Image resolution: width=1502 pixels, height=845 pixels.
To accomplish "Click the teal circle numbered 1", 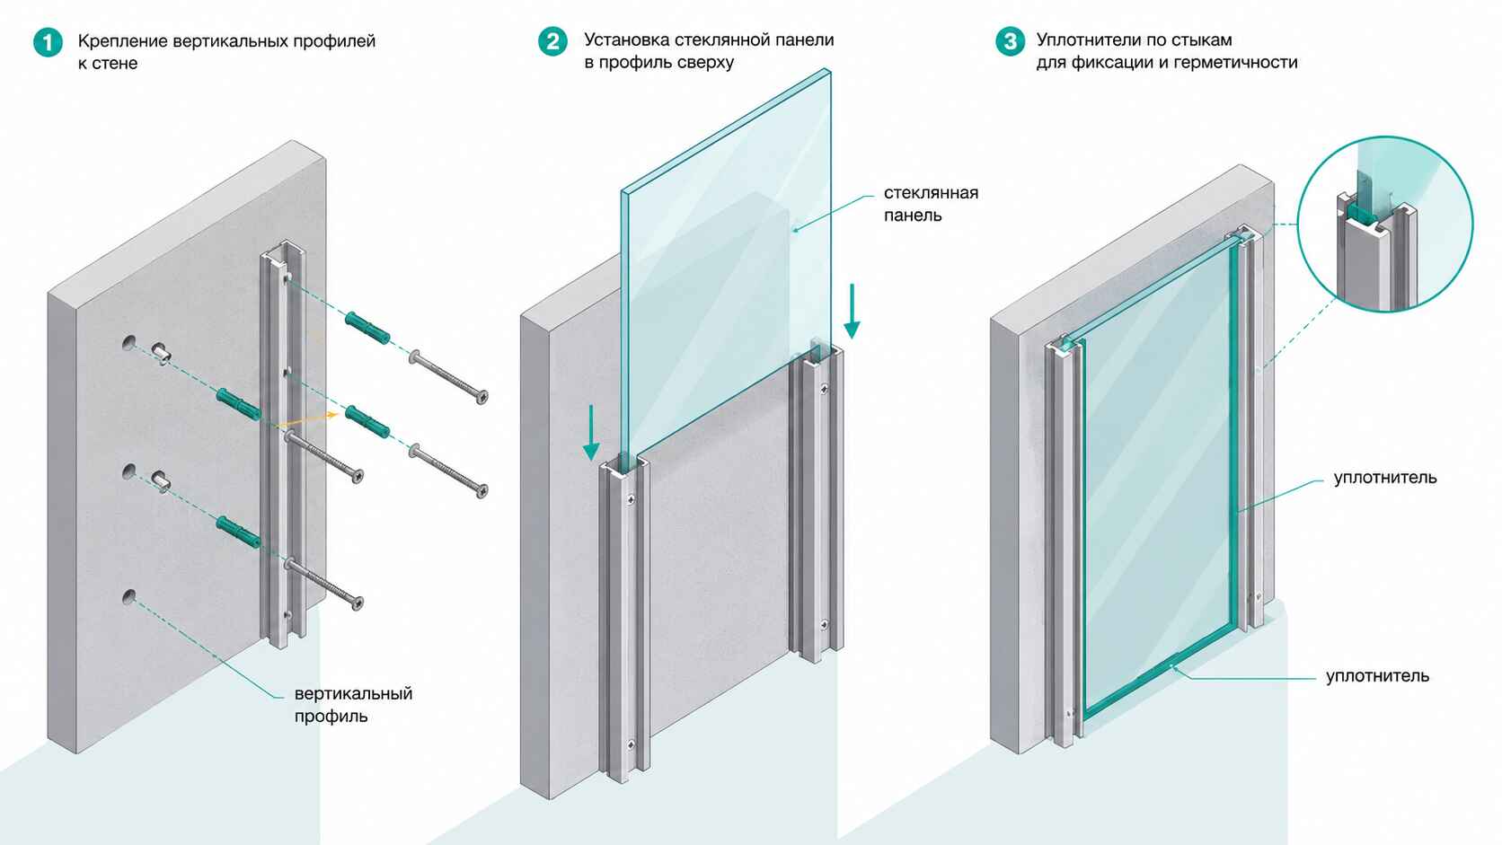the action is (48, 42).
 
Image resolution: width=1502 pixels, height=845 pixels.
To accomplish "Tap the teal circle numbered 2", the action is (552, 41).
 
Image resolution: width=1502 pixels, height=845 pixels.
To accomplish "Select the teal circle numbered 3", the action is (1010, 41).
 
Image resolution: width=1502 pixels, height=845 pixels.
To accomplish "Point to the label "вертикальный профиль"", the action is (353, 704).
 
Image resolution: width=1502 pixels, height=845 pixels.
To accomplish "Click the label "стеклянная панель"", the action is (931, 204).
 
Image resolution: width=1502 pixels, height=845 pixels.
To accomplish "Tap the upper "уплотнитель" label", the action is (1384, 478).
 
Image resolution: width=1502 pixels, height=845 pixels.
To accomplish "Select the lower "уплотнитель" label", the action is (1377, 676).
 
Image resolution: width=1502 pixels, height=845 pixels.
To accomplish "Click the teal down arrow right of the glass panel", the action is (852, 311).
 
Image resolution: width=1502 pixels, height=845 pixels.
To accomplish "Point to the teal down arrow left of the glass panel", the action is (591, 432).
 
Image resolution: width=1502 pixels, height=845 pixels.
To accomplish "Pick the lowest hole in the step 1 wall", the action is (128, 596).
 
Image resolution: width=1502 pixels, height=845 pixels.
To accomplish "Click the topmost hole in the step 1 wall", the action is (128, 342).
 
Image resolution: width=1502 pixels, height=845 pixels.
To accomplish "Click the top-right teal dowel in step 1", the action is (367, 328).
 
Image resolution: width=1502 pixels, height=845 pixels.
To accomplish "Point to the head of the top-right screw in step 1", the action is (482, 396).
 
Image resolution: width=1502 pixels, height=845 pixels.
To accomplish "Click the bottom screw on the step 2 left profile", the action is (631, 744).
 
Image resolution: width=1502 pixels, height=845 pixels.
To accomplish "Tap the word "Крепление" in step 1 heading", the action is (121, 41).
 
